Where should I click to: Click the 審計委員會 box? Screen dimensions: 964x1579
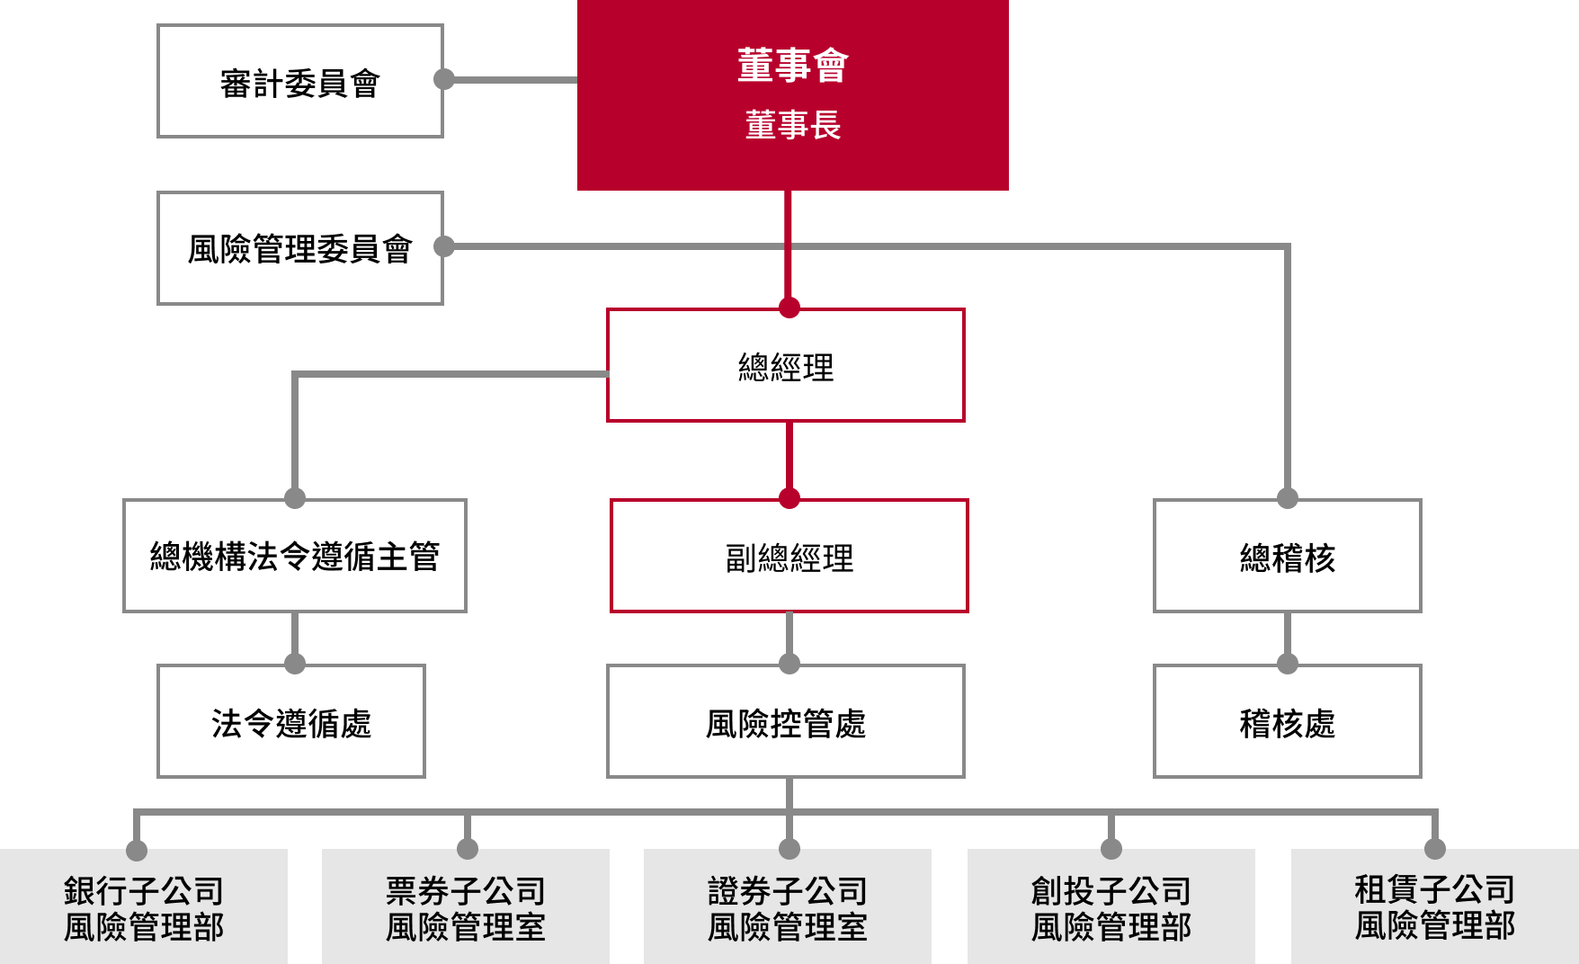[300, 82]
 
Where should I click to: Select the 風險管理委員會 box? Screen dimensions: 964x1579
[300, 248]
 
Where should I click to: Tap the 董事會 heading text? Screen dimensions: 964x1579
[792, 66]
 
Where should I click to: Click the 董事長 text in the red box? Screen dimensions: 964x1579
[792, 125]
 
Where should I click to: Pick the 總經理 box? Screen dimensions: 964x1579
[786, 367]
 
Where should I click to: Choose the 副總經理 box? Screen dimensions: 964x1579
[789, 558]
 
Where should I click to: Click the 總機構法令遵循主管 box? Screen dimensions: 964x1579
[295, 557]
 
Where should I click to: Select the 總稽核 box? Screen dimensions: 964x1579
[1287, 558]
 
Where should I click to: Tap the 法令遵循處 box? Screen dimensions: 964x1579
[291, 722]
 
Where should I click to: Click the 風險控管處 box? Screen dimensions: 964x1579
[786, 722]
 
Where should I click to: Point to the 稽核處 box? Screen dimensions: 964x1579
[1287, 722]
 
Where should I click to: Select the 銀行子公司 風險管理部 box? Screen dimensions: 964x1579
[144, 908]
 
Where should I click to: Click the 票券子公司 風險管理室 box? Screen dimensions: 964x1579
[466, 908]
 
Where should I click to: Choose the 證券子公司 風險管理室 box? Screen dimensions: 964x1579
[788, 908]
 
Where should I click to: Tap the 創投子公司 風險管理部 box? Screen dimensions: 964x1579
[1111, 908]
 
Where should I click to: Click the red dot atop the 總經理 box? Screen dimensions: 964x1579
[789, 308]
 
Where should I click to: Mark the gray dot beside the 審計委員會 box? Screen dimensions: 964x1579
[444, 79]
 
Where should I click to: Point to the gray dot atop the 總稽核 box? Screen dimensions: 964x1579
[1288, 497]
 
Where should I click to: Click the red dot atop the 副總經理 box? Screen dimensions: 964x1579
[789, 498]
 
